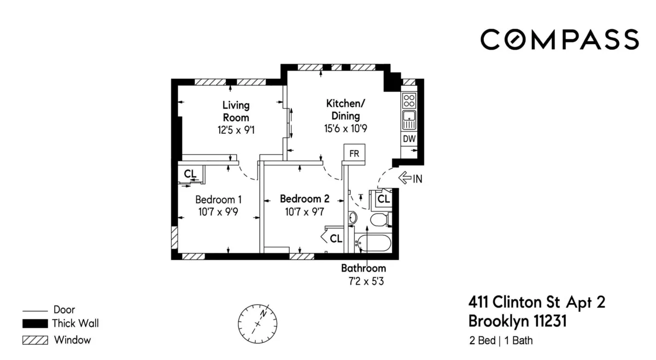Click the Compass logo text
[559, 40]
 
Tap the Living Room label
[236, 111]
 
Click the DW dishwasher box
[409, 139]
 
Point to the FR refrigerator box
[354, 154]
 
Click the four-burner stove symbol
[409, 101]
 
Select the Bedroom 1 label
[219, 199]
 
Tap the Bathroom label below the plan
[364, 268]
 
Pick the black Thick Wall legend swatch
[34, 323]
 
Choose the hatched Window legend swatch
[34, 340]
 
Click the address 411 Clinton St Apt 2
[537, 302]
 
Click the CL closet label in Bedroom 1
[190, 174]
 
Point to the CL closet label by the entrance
[384, 199]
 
